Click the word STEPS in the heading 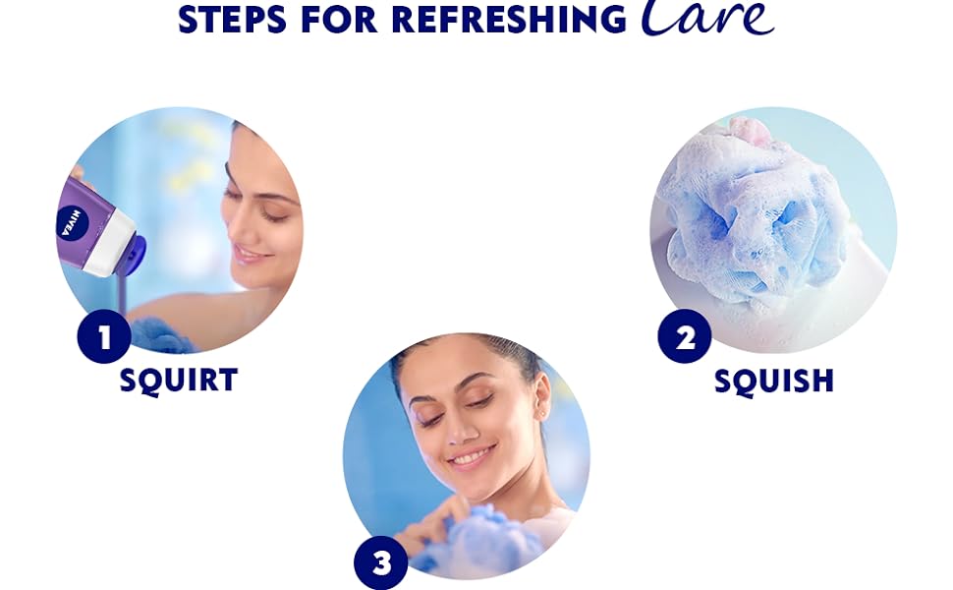point(232,20)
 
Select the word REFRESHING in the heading point(509,20)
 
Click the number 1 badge point(104,336)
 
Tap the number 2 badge point(685,336)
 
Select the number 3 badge point(381,562)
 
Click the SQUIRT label point(179,381)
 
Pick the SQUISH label point(774,382)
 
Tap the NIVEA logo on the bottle point(73,223)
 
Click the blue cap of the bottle point(133,255)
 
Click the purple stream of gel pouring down point(122,294)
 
